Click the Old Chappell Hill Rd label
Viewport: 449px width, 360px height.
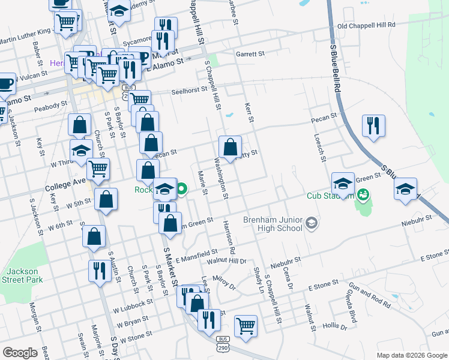point(366,26)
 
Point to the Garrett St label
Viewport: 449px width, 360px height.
point(250,54)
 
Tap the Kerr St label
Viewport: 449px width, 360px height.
point(249,113)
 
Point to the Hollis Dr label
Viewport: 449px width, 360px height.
point(335,326)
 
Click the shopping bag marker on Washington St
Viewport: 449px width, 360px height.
point(231,146)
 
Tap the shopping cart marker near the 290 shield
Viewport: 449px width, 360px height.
point(246,326)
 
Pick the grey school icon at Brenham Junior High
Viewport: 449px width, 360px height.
point(311,223)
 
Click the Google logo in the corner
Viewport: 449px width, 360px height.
point(20,353)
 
